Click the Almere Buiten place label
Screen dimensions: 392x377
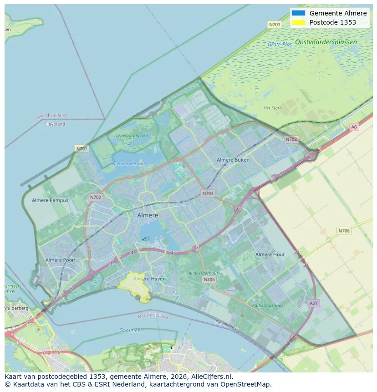[x=233, y=160]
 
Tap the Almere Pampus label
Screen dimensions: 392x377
[x=50, y=200]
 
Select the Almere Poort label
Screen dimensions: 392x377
[x=61, y=260]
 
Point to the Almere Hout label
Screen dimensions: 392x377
[x=270, y=255]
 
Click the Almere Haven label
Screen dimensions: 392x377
[x=149, y=279]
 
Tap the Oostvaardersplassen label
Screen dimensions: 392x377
[x=326, y=42]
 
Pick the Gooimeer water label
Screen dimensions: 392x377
[x=131, y=330]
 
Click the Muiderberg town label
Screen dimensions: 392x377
[x=16, y=308]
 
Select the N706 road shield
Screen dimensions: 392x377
[x=344, y=231]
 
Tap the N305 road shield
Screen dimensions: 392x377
[x=209, y=280]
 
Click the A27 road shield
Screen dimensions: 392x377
[x=314, y=303]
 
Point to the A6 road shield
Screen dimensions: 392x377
[x=354, y=127]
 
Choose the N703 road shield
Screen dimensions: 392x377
[x=208, y=193]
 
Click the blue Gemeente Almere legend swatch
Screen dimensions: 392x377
[x=298, y=13]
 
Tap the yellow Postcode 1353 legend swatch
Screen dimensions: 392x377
[x=298, y=22]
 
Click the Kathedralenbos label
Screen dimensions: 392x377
[x=268, y=305]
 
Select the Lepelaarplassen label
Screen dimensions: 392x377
[x=132, y=136]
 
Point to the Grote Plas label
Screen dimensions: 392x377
[x=280, y=45]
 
